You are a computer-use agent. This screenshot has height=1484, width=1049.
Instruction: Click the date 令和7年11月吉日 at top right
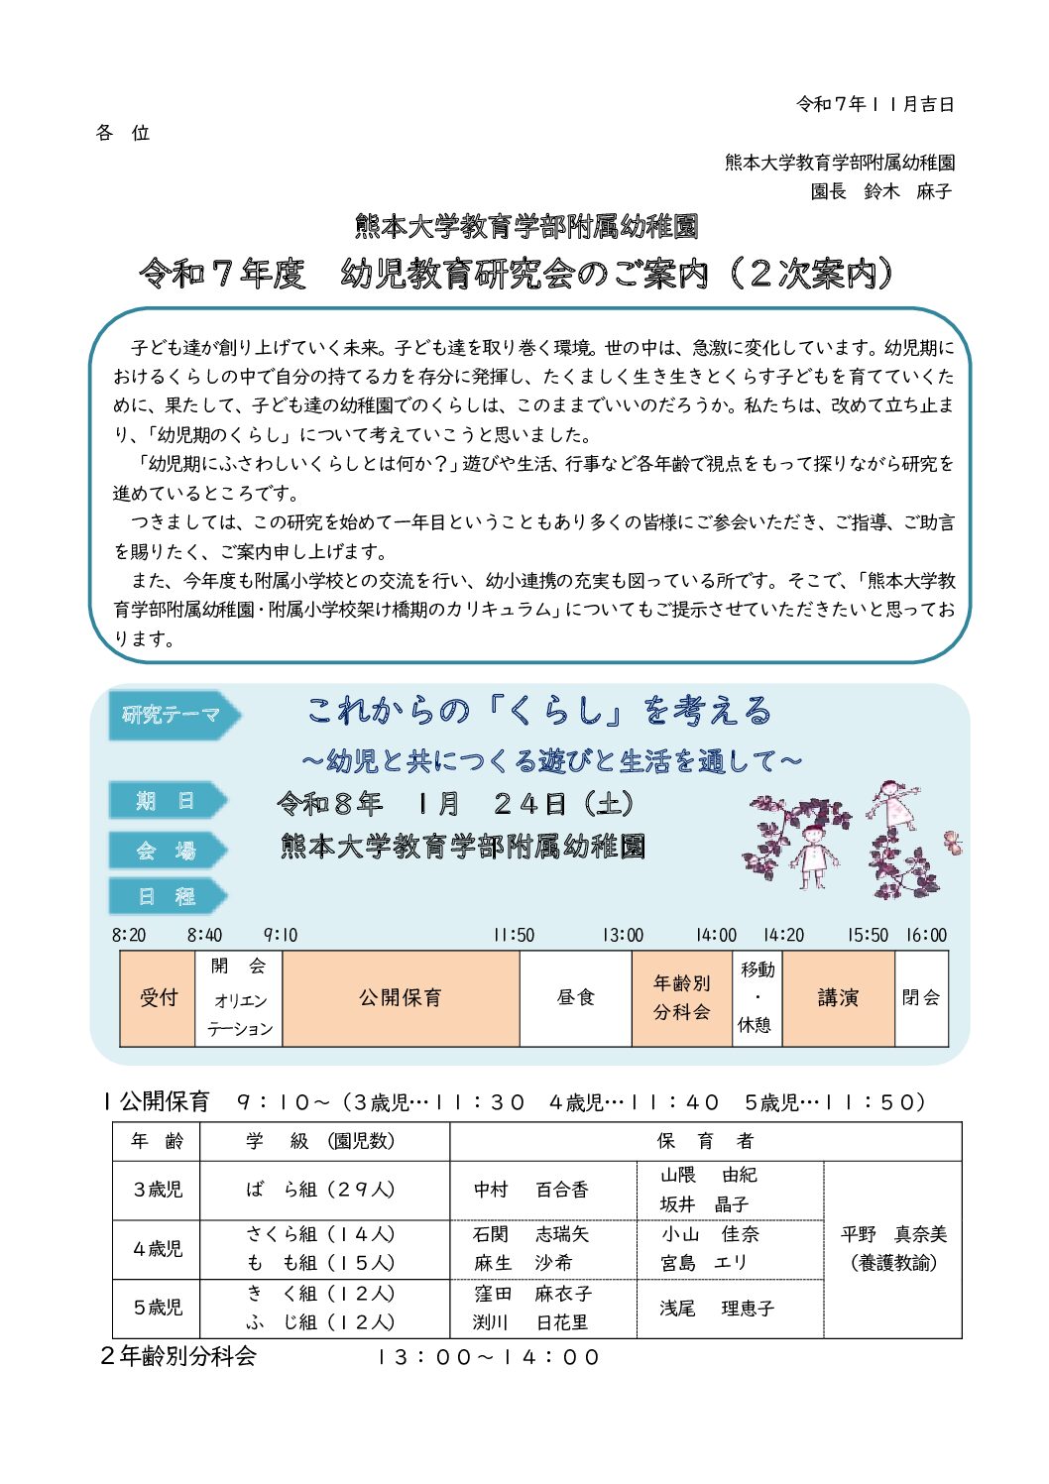click(874, 104)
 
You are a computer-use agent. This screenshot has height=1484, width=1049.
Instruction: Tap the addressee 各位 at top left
click(123, 133)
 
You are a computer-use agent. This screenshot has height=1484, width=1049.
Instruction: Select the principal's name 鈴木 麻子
click(907, 191)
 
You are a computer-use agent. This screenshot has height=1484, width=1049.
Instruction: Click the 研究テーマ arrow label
click(171, 715)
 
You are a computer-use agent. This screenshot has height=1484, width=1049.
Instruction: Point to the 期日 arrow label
click(165, 801)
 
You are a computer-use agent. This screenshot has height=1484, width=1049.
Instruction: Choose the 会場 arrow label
click(165, 851)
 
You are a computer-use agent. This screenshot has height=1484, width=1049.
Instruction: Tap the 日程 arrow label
click(165, 897)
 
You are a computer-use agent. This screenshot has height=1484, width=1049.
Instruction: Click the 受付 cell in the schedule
click(158, 997)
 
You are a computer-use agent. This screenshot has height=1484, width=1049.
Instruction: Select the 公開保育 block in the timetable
click(401, 997)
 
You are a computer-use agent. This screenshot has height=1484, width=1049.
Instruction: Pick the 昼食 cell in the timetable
click(575, 997)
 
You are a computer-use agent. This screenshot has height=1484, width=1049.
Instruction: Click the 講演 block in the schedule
click(838, 997)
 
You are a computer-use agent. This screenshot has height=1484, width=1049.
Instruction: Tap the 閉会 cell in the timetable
click(921, 997)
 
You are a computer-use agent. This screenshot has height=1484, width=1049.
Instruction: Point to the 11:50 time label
click(514, 935)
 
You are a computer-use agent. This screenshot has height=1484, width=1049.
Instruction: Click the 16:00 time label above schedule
click(926, 935)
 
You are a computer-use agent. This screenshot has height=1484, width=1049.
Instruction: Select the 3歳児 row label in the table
click(158, 1190)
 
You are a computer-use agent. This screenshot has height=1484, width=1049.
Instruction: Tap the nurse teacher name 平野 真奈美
click(893, 1235)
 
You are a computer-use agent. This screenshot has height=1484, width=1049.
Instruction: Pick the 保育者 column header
click(705, 1141)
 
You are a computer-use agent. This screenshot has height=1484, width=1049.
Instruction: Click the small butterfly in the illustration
click(953, 843)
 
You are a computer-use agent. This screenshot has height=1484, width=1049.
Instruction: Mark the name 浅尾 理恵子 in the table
click(717, 1309)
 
